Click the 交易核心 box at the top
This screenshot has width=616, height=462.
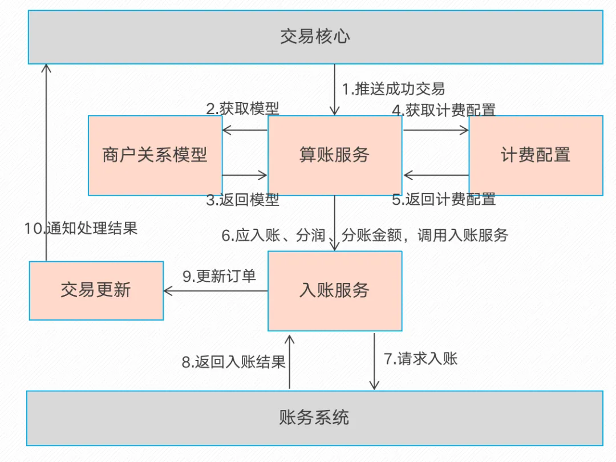tap(315, 37)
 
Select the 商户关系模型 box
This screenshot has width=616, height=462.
tap(155, 155)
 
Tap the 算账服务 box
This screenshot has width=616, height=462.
tap(335, 155)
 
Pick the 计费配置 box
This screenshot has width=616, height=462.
tap(536, 155)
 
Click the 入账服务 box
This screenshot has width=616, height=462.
tap(335, 291)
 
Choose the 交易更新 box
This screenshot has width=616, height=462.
tap(96, 291)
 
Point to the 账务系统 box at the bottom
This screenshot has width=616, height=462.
tap(315, 418)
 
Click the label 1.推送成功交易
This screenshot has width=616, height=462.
tap(393, 89)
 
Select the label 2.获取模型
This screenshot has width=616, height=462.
tap(242, 108)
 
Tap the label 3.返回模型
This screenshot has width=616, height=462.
tap(242, 200)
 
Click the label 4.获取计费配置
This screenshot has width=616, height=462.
tap(444, 110)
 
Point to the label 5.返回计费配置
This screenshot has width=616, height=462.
tap(444, 199)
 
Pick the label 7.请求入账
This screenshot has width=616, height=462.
tap(420, 358)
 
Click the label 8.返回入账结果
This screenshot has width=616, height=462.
tap(233, 362)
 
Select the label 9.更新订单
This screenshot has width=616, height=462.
tap(219, 276)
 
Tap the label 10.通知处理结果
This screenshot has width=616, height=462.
tap(81, 228)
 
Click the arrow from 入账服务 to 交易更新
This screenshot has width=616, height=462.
tap(216, 291)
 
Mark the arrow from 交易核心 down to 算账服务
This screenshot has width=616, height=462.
tap(335, 90)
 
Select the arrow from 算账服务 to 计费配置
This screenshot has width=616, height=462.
tap(436, 130)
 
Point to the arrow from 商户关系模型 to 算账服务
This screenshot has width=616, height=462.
tap(245, 175)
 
